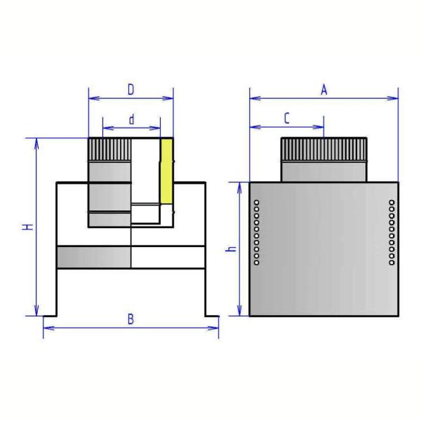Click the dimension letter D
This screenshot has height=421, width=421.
pyautogui.click(x=131, y=90)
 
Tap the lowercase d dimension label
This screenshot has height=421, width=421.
pyautogui.click(x=131, y=119)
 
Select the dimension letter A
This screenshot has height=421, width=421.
pyautogui.click(x=324, y=90)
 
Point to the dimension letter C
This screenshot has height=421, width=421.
pyautogui.click(x=287, y=118)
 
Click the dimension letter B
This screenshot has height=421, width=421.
pyautogui.click(x=131, y=319)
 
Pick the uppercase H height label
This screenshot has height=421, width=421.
pyautogui.click(x=27, y=227)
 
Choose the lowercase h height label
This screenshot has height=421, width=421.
pyautogui.click(x=231, y=249)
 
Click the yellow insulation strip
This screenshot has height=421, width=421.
pyautogui.click(x=166, y=171)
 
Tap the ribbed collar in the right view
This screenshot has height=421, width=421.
pyautogui.click(x=323, y=149)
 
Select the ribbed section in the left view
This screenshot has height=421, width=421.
pyautogui.click(x=110, y=149)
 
